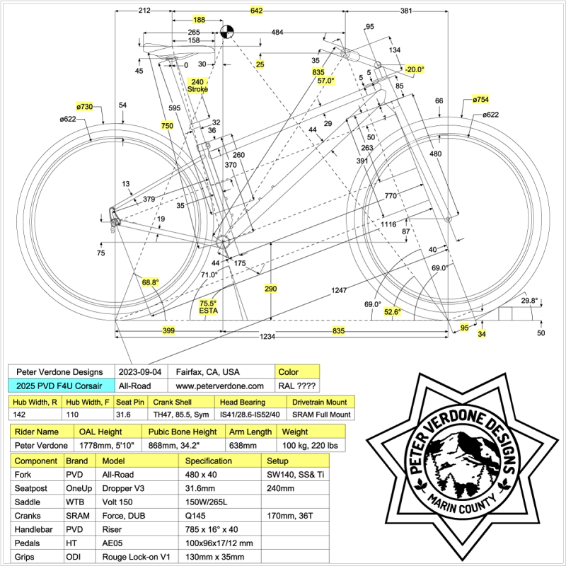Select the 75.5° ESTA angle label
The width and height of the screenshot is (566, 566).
(x=207, y=306)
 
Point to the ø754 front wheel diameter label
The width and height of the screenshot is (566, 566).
(x=480, y=99)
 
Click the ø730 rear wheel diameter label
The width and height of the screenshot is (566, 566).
(x=84, y=106)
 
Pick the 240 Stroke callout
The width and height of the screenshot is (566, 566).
(x=198, y=85)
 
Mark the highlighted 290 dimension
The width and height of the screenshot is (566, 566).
(x=270, y=289)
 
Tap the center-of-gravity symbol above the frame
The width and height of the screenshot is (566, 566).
(x=227, y=31)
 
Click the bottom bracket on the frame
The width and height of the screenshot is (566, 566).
(x=224, y=241)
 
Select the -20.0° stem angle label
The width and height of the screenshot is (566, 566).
(x=414, y=69)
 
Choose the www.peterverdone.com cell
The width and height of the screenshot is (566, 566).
(x=219, y=386)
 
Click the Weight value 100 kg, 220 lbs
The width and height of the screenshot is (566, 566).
(x=308, y=445)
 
